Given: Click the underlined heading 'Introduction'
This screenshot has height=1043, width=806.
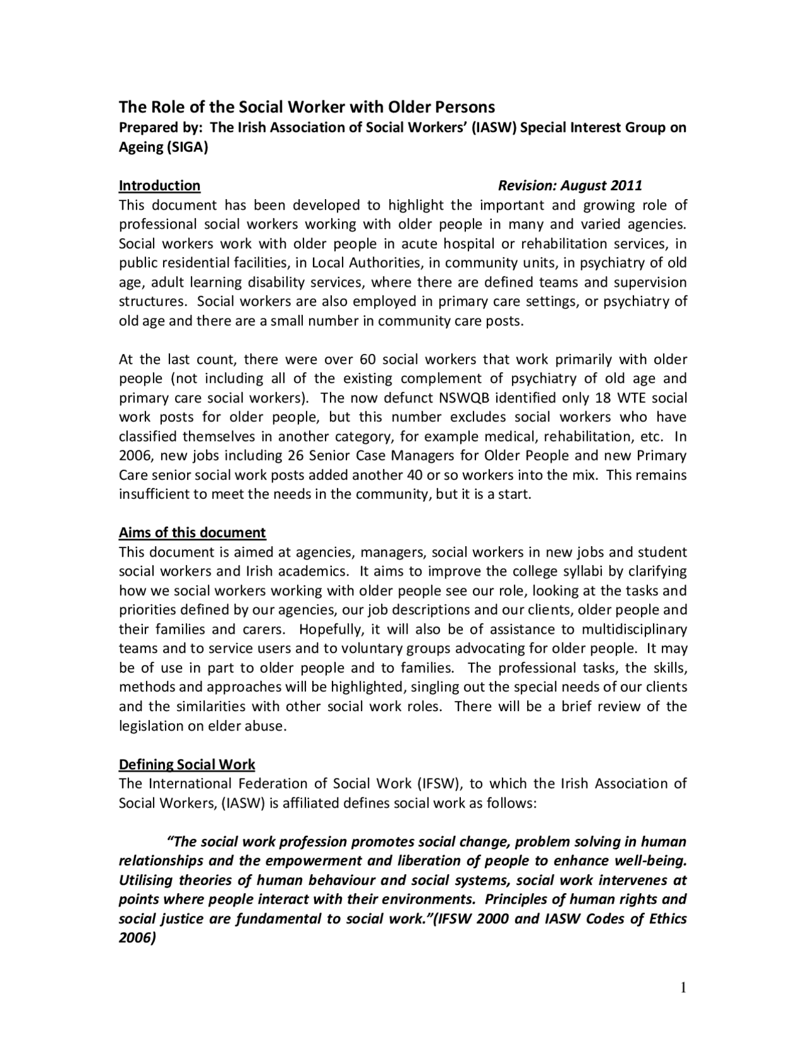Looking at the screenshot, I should pyautogui.click(x=159, y=186).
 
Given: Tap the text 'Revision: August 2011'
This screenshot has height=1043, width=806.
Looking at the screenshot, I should pyautogui.click(x=570, y=186).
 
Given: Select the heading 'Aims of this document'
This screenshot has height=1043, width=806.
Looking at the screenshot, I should pyautogui.click(x=192, y=533).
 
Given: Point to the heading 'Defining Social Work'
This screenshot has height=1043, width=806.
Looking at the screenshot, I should pyautogui.click(x=187, y=765).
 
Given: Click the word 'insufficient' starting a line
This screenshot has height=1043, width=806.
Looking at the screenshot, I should pyautogui.click(x=155, y=494).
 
